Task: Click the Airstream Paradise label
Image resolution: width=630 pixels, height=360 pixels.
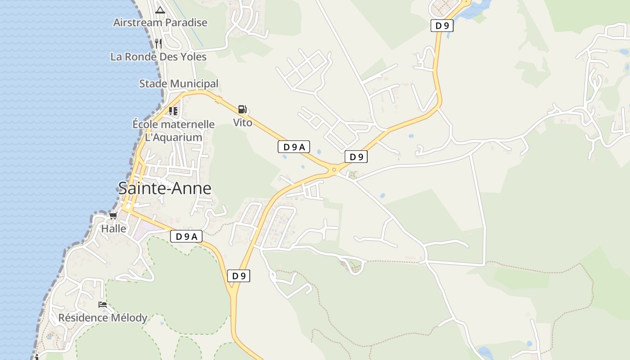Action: [160, 22]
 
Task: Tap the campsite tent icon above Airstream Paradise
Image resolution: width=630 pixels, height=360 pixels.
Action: [160, 9]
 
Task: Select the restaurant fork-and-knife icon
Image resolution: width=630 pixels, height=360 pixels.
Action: [158, 43]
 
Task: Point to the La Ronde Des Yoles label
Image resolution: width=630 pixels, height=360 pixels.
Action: [158, 57]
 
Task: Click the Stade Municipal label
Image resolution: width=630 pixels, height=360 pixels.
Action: [179, 84]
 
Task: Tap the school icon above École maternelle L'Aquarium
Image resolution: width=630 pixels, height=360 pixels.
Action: [173, 111]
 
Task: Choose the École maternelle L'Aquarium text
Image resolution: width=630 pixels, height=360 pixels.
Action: [173, 130]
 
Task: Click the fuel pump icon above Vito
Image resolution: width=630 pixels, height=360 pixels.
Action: [242, 109]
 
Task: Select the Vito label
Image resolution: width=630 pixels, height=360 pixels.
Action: [243, 122]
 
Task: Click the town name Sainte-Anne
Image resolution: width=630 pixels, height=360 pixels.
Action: [165, 188]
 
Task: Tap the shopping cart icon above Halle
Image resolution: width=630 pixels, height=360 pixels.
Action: [113, 216]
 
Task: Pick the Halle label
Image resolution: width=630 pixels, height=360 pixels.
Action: [114, 229]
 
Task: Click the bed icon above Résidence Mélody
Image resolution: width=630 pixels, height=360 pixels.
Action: [103, 305]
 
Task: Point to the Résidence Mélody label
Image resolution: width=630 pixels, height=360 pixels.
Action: [103, 318]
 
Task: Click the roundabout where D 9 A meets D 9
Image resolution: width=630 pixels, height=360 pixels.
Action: [334, 170]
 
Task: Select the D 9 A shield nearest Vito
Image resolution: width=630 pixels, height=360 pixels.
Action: [293, 147]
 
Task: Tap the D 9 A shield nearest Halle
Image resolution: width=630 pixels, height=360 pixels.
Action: [186, 236]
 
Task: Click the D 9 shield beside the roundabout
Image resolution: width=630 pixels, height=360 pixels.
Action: [356, 157]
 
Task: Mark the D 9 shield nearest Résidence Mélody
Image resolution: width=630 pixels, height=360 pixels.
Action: [238, 276]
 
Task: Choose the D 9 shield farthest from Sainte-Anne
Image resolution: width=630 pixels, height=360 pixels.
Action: [442, 26]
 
